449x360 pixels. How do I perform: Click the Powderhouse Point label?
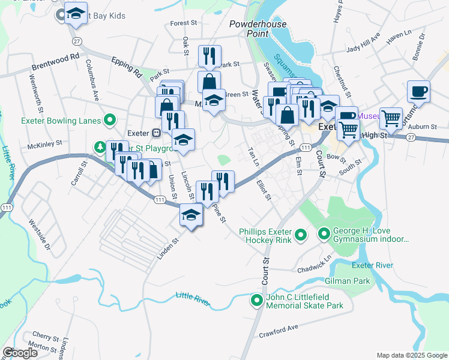[258, 29]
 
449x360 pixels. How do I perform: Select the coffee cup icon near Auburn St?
[418, 92]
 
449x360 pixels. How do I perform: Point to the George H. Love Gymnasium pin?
[324, 232]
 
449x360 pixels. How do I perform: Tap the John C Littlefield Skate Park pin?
[257, 300]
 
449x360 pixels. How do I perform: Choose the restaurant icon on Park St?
[209, 56]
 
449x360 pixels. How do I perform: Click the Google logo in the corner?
[20, 353]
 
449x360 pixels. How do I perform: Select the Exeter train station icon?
[155, 133]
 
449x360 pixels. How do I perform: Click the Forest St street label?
[184, 23]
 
